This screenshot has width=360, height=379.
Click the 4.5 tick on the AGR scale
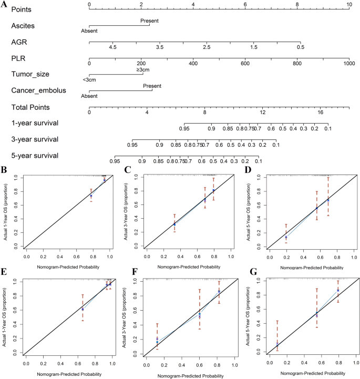tap(112, 47)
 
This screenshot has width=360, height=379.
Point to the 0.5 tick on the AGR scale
tap(300, 47)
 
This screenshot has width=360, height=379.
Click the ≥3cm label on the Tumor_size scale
tap(143, 69)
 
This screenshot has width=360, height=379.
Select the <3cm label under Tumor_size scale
tap(89, 80)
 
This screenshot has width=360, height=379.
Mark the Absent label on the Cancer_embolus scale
tap(89, 96)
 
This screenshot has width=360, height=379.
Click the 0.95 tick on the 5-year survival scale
tap(115, 161)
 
